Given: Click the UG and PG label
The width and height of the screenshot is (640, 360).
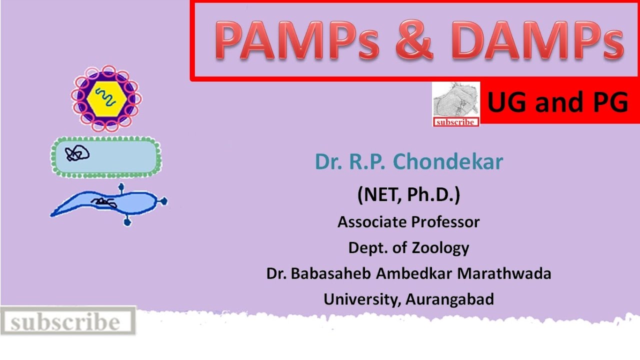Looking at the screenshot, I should point(557,103).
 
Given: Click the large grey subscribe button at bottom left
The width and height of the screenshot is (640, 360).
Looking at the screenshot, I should point(67,321).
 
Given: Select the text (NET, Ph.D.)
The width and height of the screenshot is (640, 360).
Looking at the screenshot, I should point(408,195).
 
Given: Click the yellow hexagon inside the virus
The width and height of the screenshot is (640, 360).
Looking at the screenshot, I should point(105,98).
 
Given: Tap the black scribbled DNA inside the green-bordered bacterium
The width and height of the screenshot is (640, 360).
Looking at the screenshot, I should point(77,154).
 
